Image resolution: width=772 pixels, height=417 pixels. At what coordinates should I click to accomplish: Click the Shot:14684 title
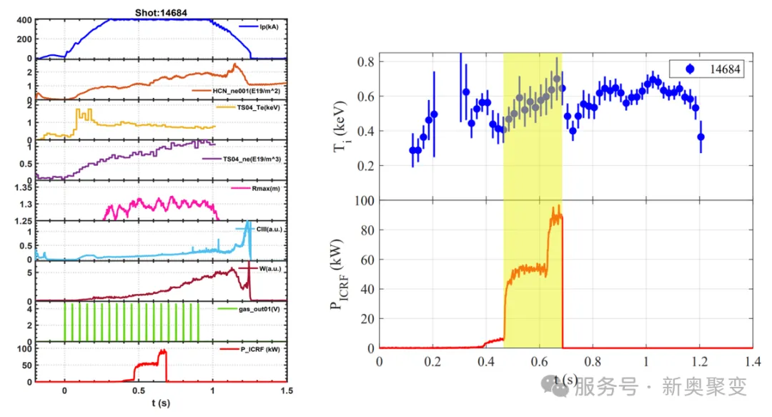(x=161, y=11)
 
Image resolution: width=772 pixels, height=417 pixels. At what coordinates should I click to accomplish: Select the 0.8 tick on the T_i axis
(x=366, y=62)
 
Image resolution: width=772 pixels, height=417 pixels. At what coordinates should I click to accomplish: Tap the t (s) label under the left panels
(x=160, y=404)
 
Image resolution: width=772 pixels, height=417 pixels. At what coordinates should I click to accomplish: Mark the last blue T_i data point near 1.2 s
(x=701, y=137)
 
